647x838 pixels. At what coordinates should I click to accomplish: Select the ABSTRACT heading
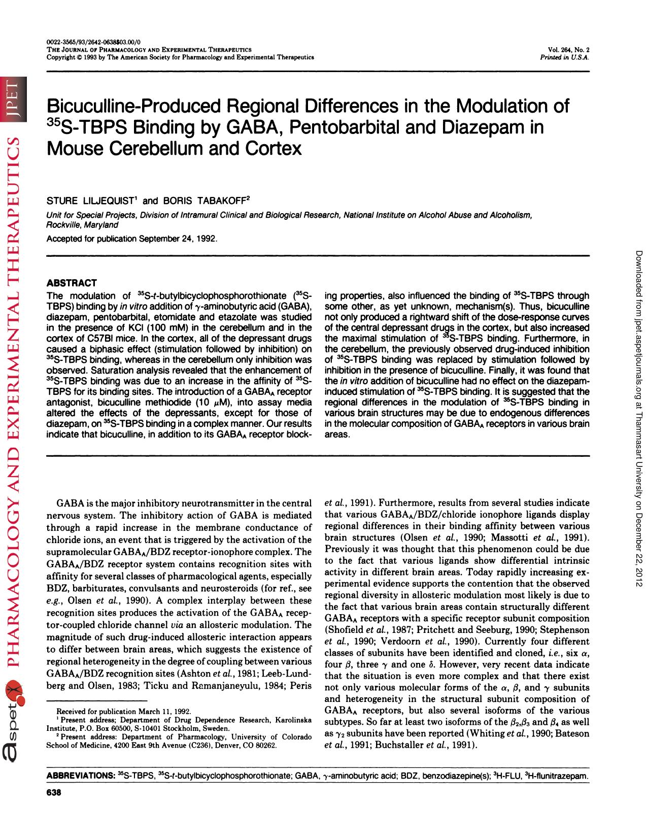point(72,283)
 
